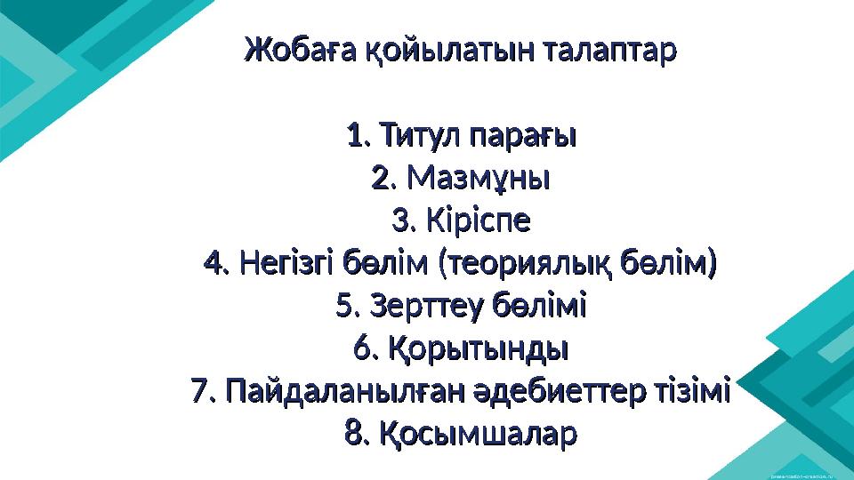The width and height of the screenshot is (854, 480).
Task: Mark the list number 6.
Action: click(361, 349)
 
